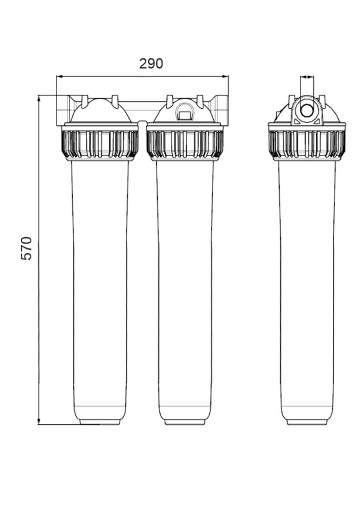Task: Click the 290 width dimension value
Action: [x=151, y=64]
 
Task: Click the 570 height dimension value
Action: [x=26, y=248]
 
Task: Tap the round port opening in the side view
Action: [x=307, y=110]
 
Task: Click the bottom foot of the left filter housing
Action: [x=100, y=422]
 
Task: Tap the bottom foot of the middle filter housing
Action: [x=185, y=422]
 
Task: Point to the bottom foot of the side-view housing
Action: [x=307, y=422]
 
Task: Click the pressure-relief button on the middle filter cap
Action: [x=184, y=111]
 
